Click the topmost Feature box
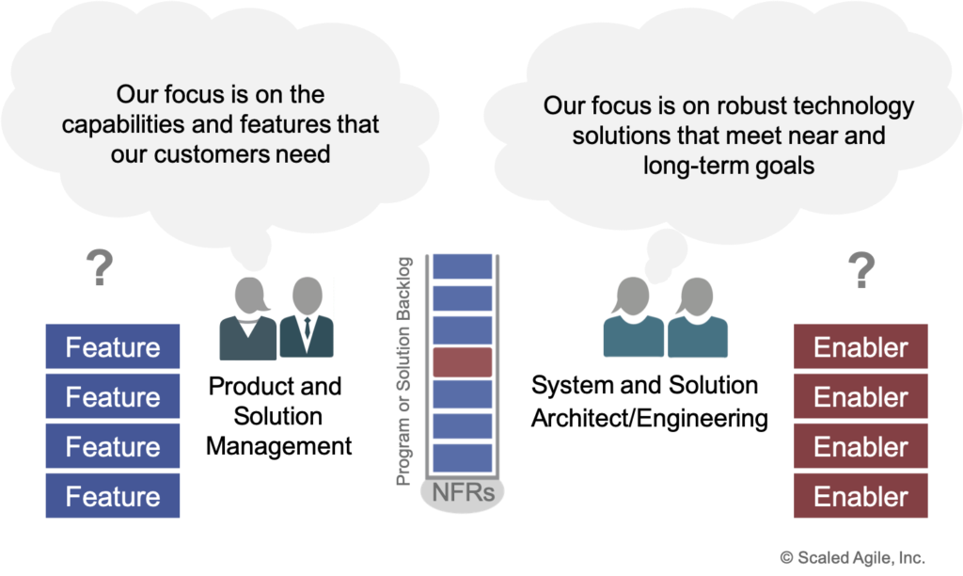pyautogui.click(x=113, y=347)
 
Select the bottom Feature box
pyautogui.click(x=113, y=496)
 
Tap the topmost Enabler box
pyautogui.click(x=860, y=347)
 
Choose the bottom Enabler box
pyautogui.click(x=860, y=496)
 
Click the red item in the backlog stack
pyautogui.click(x=463, y=362)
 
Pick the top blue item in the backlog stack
pyautogui.click(x=463, y=266)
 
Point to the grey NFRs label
pyautogui.click(x=463, y=494)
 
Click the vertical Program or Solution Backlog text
pyautogui.click(x=404, y=371)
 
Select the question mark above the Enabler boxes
pyautogui.click(x=860, y=269)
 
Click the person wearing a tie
pyautogui.click(x=307, y=317)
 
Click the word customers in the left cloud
pyautogui.click(x=201, y=152)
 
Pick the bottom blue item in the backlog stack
pyautogui.click(x=463, y=458)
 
